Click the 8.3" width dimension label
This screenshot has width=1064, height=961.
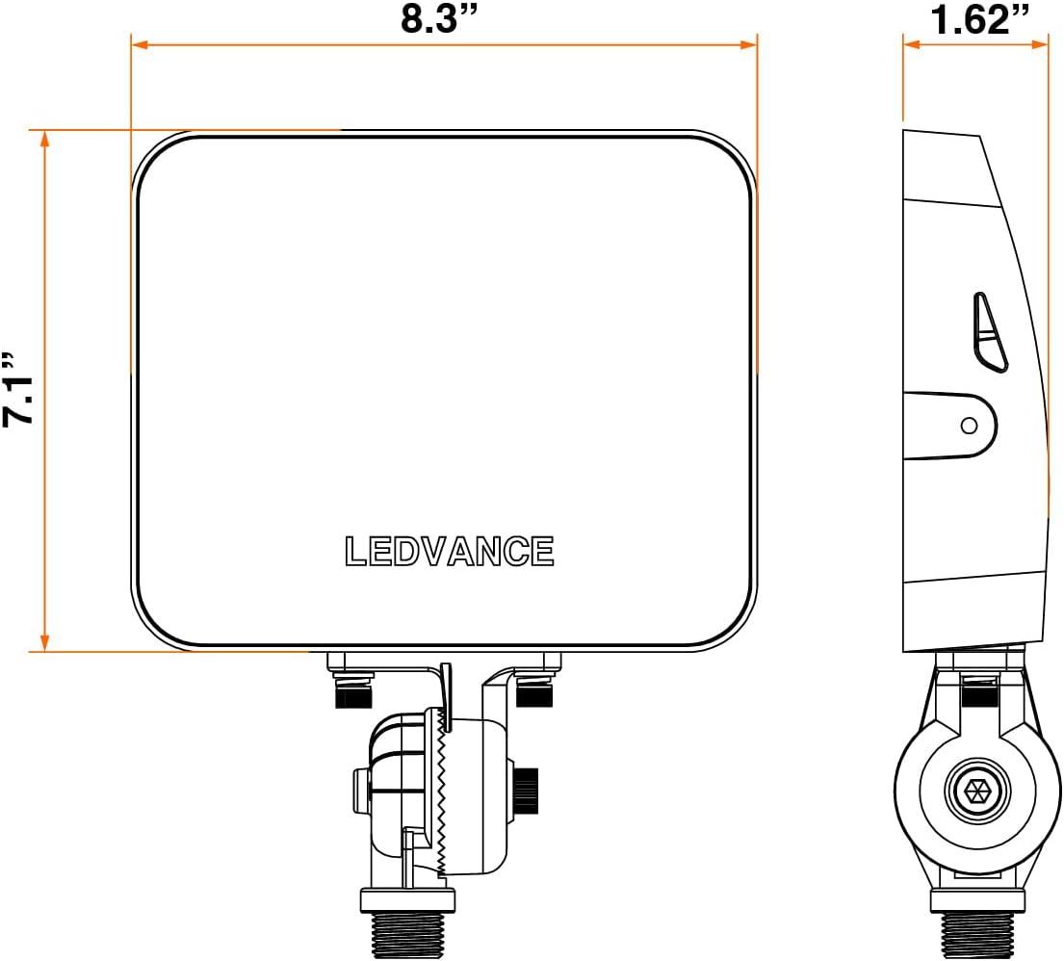[x=439, y=18]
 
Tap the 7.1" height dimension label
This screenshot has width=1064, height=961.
[x=17, y=390]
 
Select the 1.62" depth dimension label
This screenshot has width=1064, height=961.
[x=979, y=18]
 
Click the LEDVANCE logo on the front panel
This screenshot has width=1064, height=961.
[x=450, y=551]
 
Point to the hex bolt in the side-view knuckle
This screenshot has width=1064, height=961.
[x=977, y=792]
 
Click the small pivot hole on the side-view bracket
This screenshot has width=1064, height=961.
[x=969, y=426]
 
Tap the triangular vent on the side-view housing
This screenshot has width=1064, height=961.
[x=990, y=332]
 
